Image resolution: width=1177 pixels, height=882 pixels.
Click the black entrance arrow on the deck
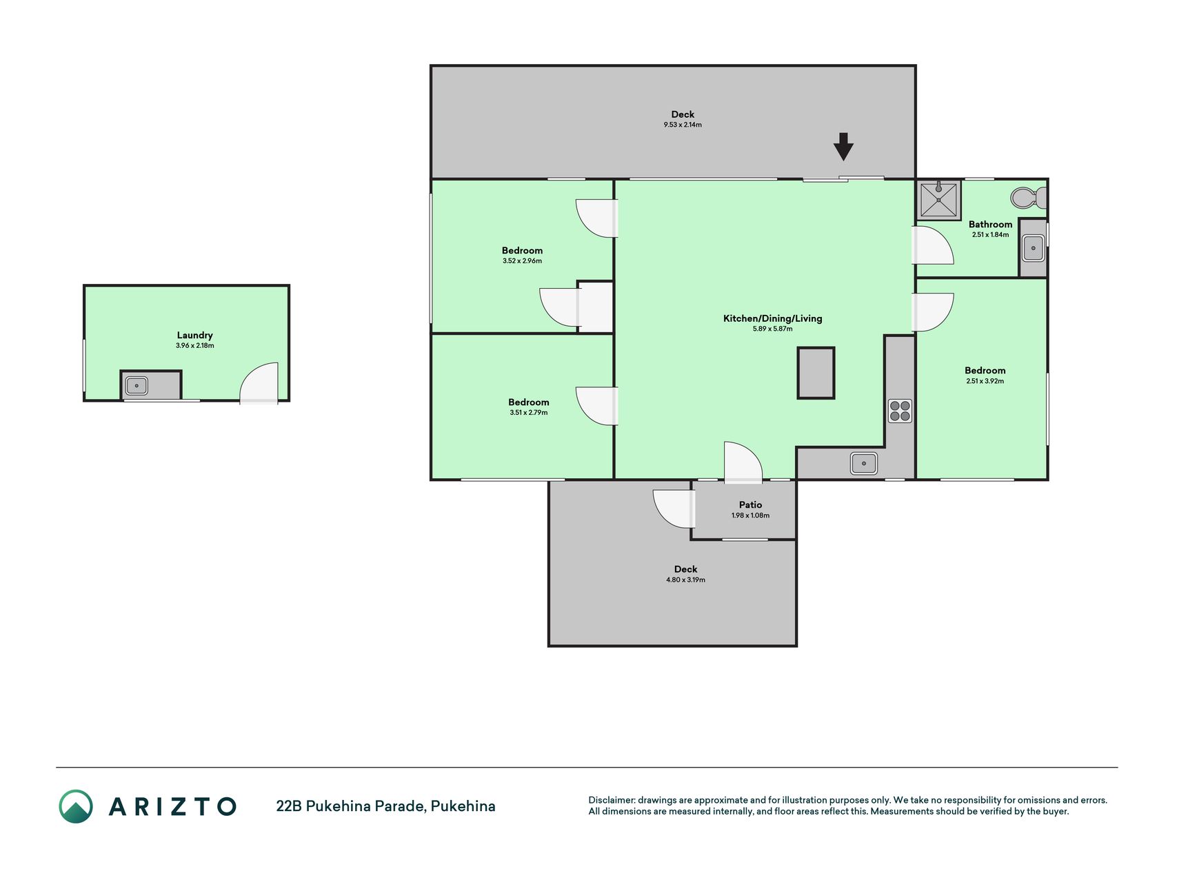click(x=843, y=146)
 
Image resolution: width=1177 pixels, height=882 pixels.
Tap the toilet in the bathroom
click(x=1028, y=198)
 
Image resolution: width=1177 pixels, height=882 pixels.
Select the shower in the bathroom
click(x=938, y=200)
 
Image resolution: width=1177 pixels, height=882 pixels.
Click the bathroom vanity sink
click(x=1033, y=248)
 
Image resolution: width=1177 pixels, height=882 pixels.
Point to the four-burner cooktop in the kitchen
click(x=900, y=411)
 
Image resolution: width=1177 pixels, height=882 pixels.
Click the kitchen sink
click(x=863, y=463)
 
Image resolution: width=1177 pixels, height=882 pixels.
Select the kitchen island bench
click(x=816, y=373)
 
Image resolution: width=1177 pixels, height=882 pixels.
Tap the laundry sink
click(x=137, y=385)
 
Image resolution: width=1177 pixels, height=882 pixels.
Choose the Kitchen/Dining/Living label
click(x=772, y=318)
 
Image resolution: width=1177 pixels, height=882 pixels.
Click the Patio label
click(x=750, y=505)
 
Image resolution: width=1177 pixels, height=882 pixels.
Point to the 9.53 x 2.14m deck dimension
click(x=683, y=125)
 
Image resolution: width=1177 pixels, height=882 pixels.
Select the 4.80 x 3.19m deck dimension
click(x=685, y=580)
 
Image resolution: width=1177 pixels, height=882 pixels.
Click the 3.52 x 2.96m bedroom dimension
click(x=522, y=261)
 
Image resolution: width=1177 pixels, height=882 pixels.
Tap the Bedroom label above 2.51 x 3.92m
click(x=985, y=371)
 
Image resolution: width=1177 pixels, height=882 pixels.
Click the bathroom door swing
click(x=933, y=245)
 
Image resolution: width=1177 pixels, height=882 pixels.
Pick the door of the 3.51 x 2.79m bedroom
click(x=596, y=406)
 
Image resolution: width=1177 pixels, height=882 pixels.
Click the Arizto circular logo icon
click(x=76, y=806)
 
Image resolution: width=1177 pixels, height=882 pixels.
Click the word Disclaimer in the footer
click(x=612, y=800)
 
